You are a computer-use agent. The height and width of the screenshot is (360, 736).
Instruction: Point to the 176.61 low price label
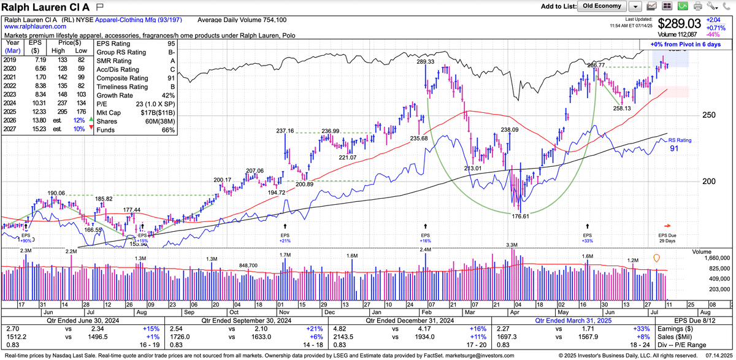[x=520, y=215]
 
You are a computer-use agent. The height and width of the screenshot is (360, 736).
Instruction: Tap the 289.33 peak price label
[x=425, y=62]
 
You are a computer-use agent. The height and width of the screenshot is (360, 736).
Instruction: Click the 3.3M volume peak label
[x=513, y=245]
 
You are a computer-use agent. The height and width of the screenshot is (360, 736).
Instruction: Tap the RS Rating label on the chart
[x=680, y=140]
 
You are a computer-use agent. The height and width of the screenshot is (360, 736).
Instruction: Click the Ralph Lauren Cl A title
[x=47, y=7]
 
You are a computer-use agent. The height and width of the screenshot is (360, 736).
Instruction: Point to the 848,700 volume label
[x=251, y=265]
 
